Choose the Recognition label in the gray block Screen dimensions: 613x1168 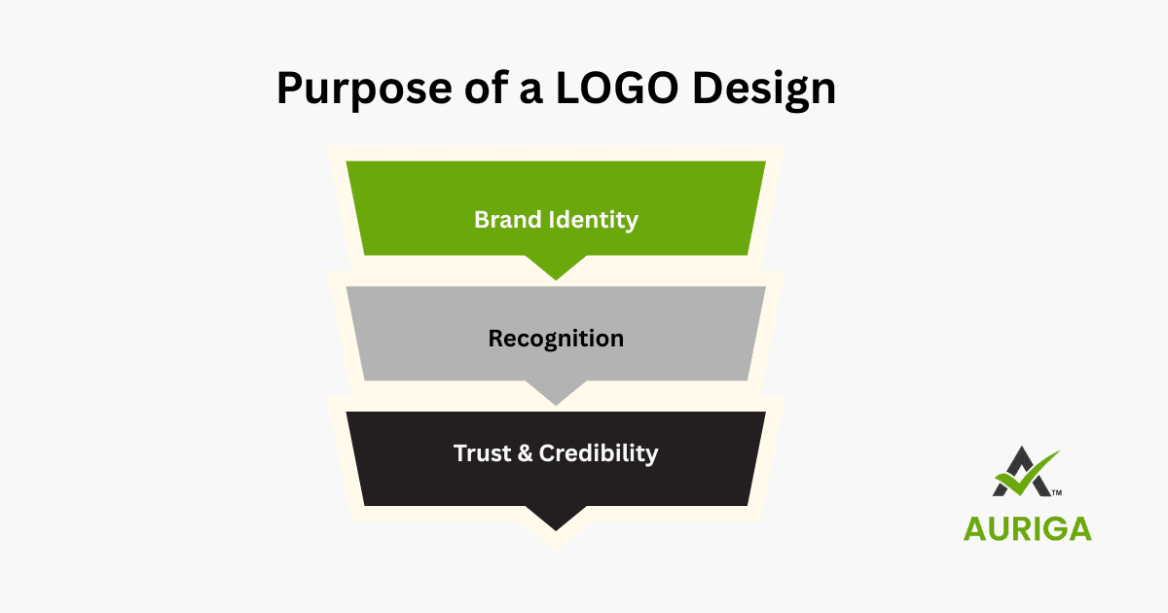(x=556, y=339)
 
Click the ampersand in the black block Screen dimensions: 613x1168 (x=524, y=453)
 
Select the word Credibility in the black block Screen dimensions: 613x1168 (x=599, y=453)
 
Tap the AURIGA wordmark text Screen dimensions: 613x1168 (x=1027, y=527)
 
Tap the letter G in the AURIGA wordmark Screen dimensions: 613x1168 (x=1050, y=527)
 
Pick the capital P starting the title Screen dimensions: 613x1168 (x=291, y=89)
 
